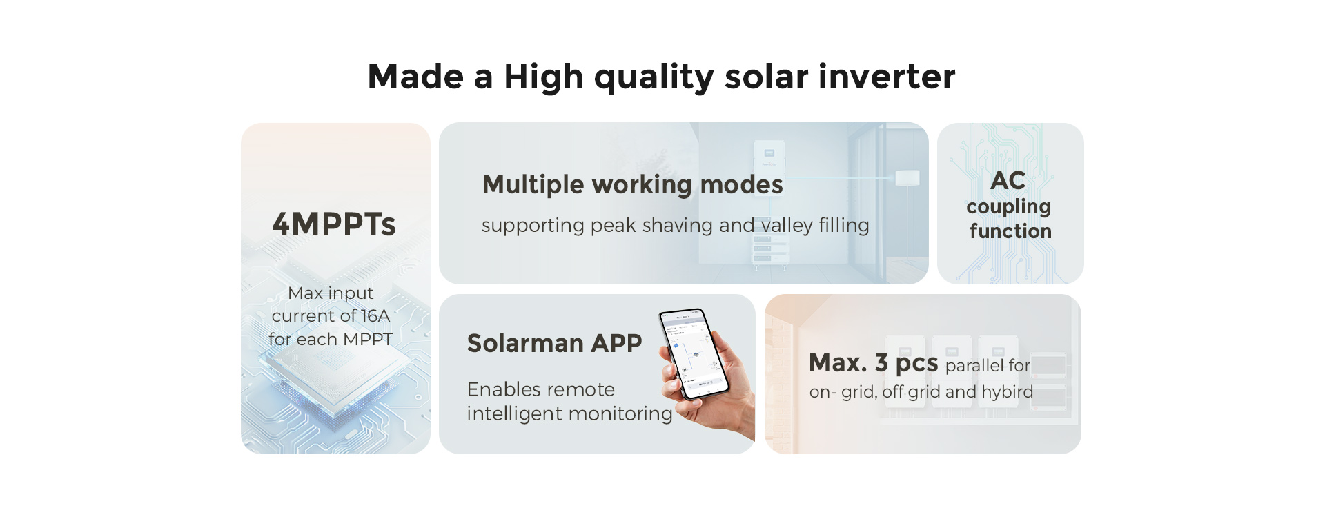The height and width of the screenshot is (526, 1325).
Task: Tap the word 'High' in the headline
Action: click(x=544, y=77)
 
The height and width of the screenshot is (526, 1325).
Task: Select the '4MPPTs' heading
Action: click(x=334, y=224)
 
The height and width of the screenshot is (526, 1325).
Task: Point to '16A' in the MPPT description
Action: click(x=375, y=315)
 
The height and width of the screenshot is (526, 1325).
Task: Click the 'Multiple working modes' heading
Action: click(x=633, y=185)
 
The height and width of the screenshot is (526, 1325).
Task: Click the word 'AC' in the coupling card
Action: click(x=1008, y=181)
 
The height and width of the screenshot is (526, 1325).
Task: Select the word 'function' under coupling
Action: click(x=1010, y=231)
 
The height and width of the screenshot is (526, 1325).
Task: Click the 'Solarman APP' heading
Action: click(x=554, y=343)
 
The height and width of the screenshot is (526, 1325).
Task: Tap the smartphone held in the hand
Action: click(x=694, y=353)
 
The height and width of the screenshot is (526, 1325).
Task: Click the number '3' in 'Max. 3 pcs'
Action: click(x=881, y=362)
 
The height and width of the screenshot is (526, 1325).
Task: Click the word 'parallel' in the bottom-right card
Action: click(x=972, y=365)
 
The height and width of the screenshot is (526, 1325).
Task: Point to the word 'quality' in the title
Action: click(x=654, y=77)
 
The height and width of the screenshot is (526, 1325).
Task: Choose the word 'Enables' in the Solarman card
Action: click(x=501, y=390)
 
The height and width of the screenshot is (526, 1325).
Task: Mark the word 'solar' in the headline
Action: click(x=766, y=76)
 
